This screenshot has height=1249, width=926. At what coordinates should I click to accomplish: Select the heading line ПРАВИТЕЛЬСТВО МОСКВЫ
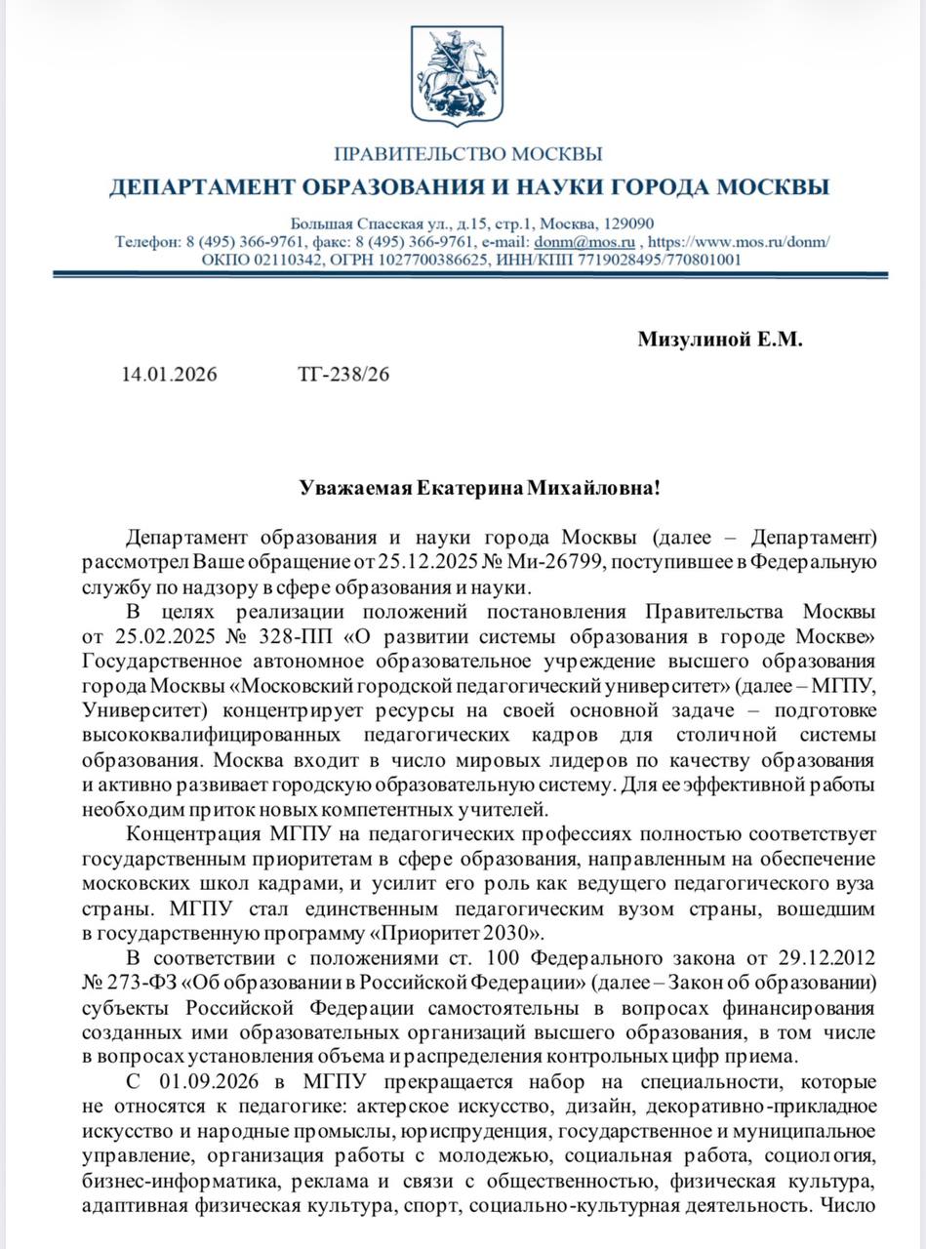pos(468,154)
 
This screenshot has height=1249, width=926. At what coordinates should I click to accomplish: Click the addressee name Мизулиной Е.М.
pos(720,340)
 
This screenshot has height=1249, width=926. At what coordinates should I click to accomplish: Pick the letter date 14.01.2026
pos(170,374)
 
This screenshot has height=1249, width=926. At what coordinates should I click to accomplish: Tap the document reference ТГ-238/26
pos(342,374)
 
